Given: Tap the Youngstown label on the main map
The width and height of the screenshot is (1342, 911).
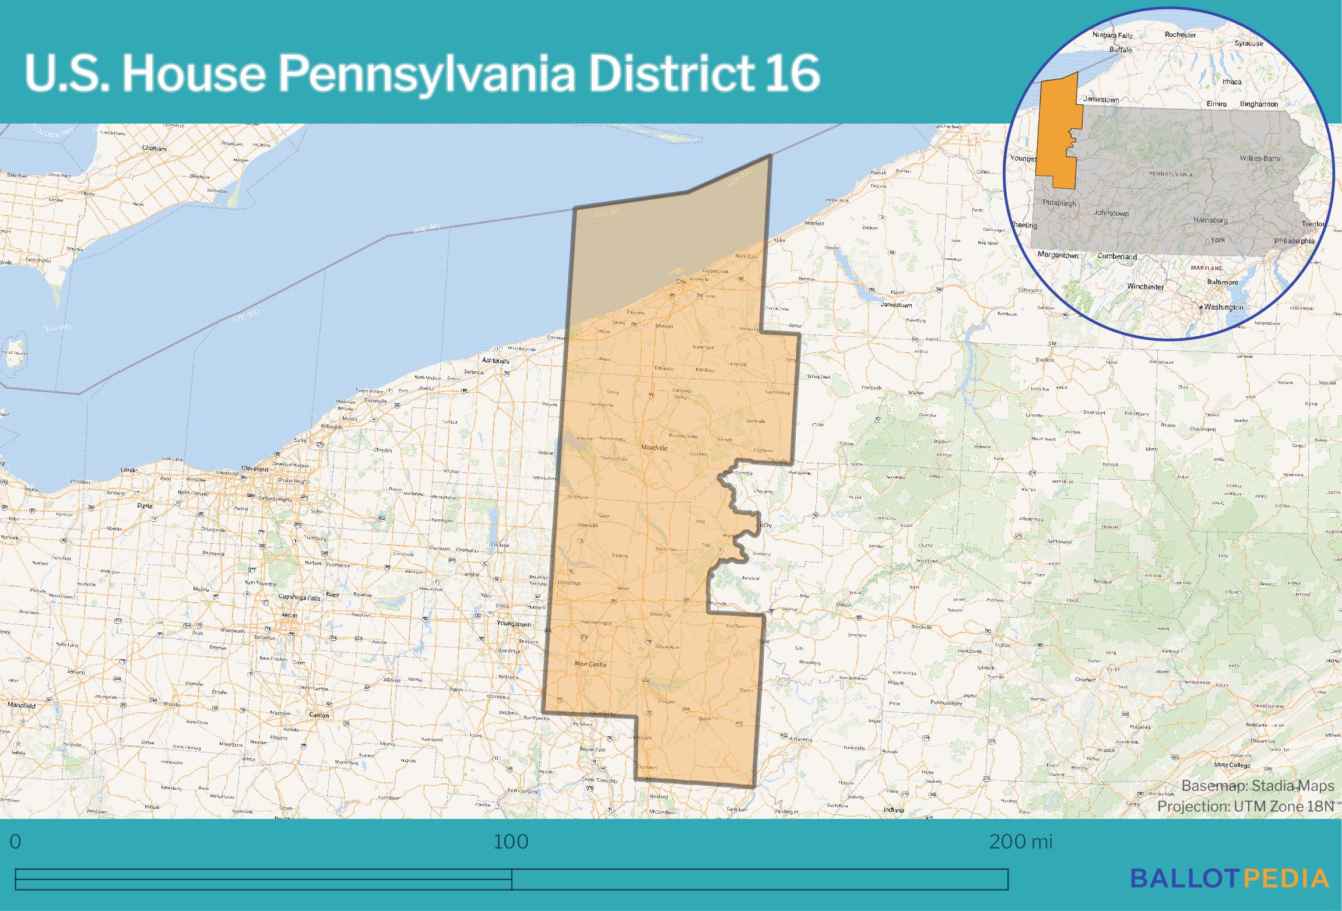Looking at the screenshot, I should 514,624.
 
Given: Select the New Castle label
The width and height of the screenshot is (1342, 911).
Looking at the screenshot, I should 591,664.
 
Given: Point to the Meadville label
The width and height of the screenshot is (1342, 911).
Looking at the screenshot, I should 654,448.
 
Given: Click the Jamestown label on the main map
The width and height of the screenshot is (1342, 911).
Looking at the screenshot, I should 896,305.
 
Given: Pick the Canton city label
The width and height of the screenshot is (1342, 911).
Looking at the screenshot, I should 319,715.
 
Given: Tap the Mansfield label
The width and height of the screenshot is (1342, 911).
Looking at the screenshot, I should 22,705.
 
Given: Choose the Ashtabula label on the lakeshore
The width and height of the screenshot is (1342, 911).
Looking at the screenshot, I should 496,361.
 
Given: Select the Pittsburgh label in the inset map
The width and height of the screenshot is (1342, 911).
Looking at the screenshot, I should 1059,203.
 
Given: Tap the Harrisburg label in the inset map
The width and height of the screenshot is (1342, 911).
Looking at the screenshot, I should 1210,220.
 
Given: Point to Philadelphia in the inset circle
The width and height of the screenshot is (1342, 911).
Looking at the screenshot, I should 1294,241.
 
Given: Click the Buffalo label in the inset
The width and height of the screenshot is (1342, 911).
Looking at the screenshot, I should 1120,50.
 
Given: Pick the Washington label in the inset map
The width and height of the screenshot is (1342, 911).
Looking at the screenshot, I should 1222,307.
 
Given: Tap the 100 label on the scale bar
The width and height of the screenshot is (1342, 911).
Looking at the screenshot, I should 511,842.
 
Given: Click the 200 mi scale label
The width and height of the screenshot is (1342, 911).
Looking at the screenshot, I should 1021,842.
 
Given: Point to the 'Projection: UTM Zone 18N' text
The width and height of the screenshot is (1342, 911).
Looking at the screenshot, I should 1245,806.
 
